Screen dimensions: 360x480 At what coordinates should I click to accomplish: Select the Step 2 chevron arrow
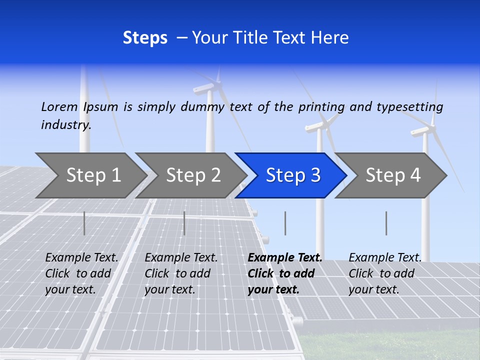[193, 175]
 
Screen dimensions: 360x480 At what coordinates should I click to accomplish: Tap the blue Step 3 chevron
[293, 175]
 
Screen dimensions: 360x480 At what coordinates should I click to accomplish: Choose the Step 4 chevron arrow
[393, 175]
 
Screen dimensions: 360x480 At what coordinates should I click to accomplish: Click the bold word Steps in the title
[145, 37]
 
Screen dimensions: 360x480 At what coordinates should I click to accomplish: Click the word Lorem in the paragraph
[59, 106]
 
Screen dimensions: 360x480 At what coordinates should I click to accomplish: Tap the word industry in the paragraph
[65, 124]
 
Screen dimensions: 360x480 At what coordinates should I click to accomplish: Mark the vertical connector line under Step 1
[84, 223]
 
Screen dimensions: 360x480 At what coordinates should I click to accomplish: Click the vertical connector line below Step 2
[184, 223]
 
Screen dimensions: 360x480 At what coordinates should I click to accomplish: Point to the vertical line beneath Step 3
[285, 223]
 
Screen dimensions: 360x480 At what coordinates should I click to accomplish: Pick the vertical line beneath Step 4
[386, 223]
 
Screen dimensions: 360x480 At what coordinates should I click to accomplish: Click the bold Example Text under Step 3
[285, 257]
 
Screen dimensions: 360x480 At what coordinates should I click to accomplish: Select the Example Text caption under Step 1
[81, 257]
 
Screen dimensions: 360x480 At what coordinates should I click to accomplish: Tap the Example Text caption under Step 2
[181, 257]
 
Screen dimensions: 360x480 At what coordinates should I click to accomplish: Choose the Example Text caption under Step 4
[385, 257]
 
